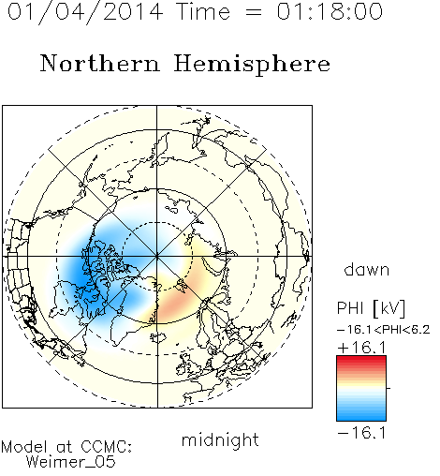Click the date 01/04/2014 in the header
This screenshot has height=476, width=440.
pyautogui.click(x=85, y=12)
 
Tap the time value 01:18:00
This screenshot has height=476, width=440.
pyautogui.click(x=330, y=11)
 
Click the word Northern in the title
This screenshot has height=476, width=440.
pyautogui.click(x=99, y=63)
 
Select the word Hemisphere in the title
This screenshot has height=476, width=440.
pyautogui.click(x=252, y=64)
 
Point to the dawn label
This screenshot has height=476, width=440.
pyautogui.click(x=367, y=269)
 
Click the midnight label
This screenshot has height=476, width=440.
pyautogui.click(x=220, y=440)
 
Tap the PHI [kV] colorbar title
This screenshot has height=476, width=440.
pyautogui.click(x=371, y=308)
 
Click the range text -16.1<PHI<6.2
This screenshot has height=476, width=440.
pyautogui.click(x=384, y=330)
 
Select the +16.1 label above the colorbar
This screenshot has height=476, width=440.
pyautogui.click(x=362, y=348)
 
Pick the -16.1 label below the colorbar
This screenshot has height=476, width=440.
pyautogui.click(x=362, y=433)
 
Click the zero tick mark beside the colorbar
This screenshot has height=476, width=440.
pyautogui.click(x=389, y=388)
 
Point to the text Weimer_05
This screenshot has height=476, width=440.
pyautogui.click(x=71, y=462)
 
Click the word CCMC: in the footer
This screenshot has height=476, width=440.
pyautogui.click(x=107, y=447)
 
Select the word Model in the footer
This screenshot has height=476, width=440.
pyautogui.click(x=25, y=447)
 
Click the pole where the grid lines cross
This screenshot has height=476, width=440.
pyautogui.click(x=157, y=257)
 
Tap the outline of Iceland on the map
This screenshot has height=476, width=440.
pyautogui.click(x=158, y=337)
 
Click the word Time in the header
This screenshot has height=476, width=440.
pyautogui.click(x=203, y=11)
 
